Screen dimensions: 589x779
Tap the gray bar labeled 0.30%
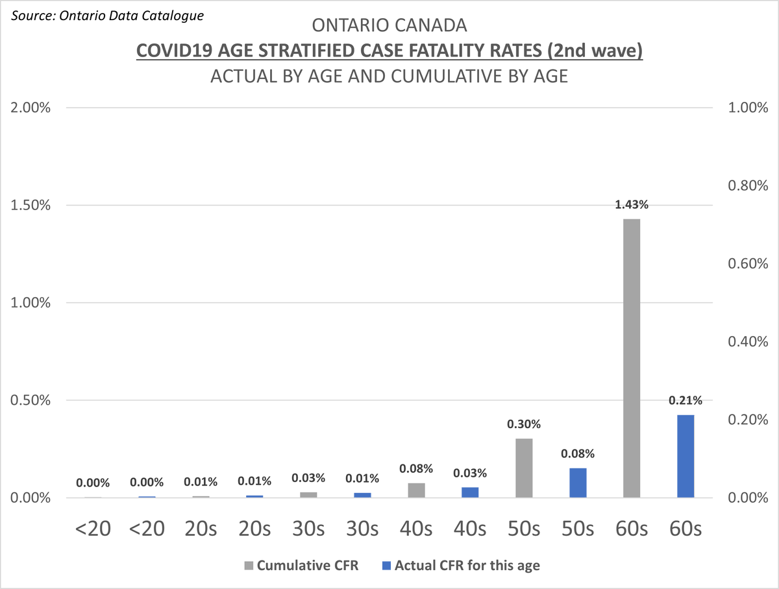point(524,468)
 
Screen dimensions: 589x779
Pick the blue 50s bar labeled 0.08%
point(578,483)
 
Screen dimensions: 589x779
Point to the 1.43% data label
point(632,205)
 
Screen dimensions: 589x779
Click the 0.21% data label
point(686,401)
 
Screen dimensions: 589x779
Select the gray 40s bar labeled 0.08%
point(417,490)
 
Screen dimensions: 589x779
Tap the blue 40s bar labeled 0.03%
point(470,492)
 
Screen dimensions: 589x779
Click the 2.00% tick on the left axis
point(31,108)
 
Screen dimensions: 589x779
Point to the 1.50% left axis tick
point(31,205)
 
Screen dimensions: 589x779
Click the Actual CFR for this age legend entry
point(460,565)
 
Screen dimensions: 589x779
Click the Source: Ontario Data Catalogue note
point(106,14)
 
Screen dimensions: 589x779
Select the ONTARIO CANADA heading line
point(389,26)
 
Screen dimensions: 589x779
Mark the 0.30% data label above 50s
point(524,424)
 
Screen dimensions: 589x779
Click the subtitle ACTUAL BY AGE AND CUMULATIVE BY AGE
point(389,76)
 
